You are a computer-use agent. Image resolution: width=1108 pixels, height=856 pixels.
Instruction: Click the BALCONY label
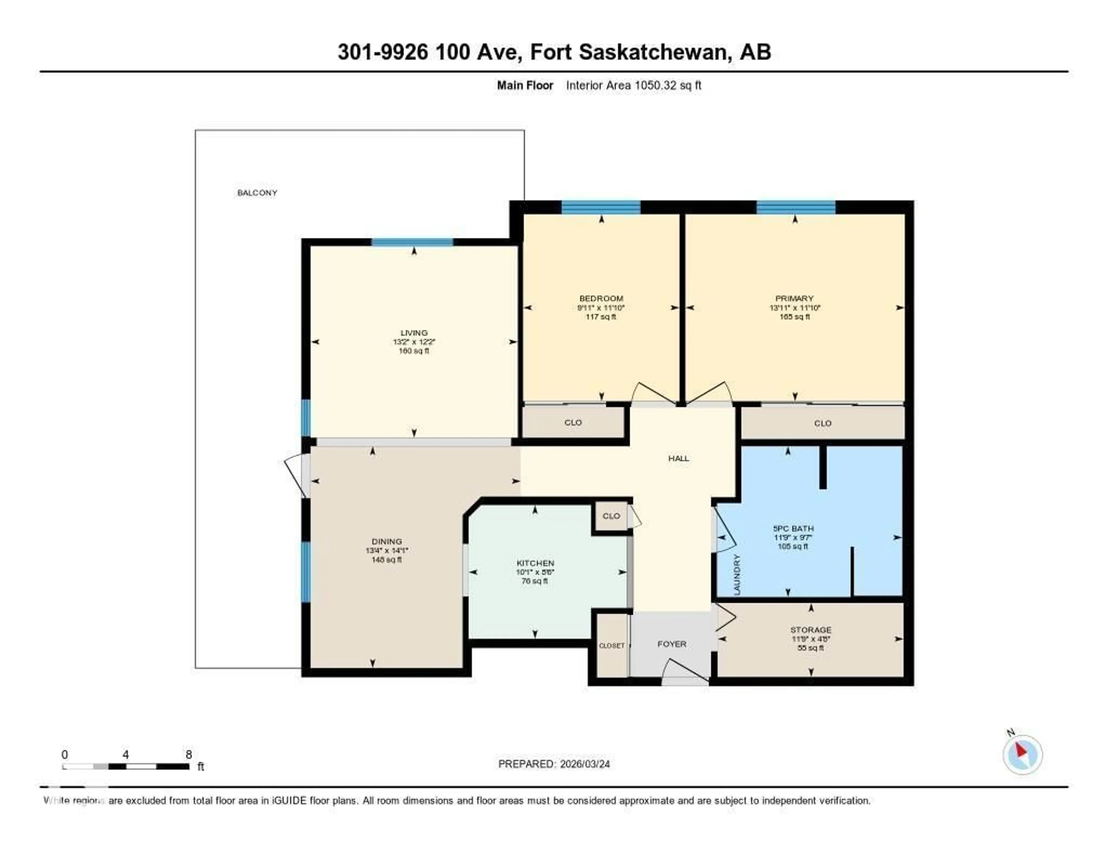[x=257, y=193]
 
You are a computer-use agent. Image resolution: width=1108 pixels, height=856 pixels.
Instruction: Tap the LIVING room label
[x=414, y=333]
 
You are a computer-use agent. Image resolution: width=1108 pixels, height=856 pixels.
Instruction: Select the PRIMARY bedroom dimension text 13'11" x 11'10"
[x=794, y=307]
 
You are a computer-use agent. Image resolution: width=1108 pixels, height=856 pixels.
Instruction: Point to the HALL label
[x=678, y=458]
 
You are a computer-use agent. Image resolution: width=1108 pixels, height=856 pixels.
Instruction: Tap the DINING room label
[x=387, y=541]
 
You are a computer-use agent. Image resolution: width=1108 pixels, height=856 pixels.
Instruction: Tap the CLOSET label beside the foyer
[x=611, y=645]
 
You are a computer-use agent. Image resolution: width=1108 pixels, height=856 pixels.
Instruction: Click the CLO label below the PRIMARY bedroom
[x=822, y=423]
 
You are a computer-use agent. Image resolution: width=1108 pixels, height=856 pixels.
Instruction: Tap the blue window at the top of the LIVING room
[x=412, y=242]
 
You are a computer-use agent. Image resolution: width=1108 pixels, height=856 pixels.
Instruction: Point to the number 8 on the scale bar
[x=188, y=754]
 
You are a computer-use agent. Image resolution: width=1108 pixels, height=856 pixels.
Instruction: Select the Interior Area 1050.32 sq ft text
[x=633, y=85]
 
